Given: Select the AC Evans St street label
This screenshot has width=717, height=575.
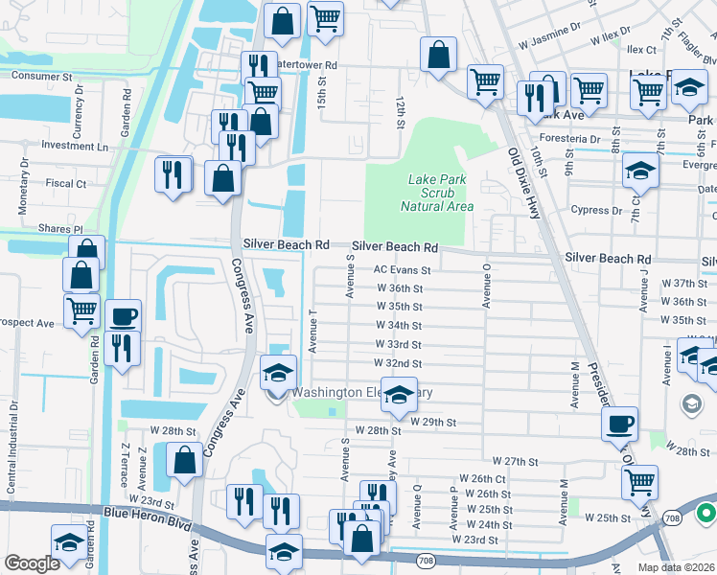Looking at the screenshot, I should coord(403,270).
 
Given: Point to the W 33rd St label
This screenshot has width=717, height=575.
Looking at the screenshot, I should coord(399,344).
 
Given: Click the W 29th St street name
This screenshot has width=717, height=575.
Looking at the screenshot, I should coord(432,422).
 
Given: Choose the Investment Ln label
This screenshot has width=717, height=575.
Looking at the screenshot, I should coord(75,147).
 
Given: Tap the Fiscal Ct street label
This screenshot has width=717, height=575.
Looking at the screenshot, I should coord(65,182).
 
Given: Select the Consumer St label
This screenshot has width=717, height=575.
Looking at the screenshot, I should coord(41,75).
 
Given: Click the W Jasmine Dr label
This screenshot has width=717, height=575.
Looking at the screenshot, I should coord(550,44).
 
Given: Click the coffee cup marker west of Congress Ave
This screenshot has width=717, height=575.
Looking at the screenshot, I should coord(123,316).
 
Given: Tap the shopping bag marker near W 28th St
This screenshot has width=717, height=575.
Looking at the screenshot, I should coord(184,460).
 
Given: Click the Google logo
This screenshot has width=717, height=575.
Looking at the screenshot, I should coord(32,563).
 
